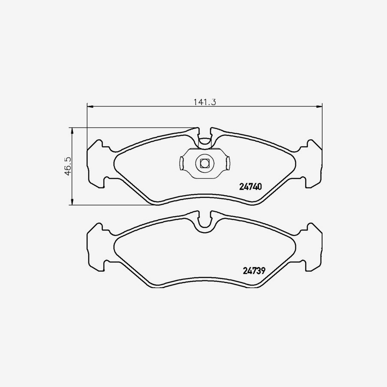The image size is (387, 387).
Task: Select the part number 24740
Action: (250, 187)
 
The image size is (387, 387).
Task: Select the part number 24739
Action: (250, 271)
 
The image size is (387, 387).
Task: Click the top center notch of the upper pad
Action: (205, 138)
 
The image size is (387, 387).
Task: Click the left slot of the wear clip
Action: (181, 163)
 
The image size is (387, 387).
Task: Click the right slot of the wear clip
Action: (228, 163)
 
